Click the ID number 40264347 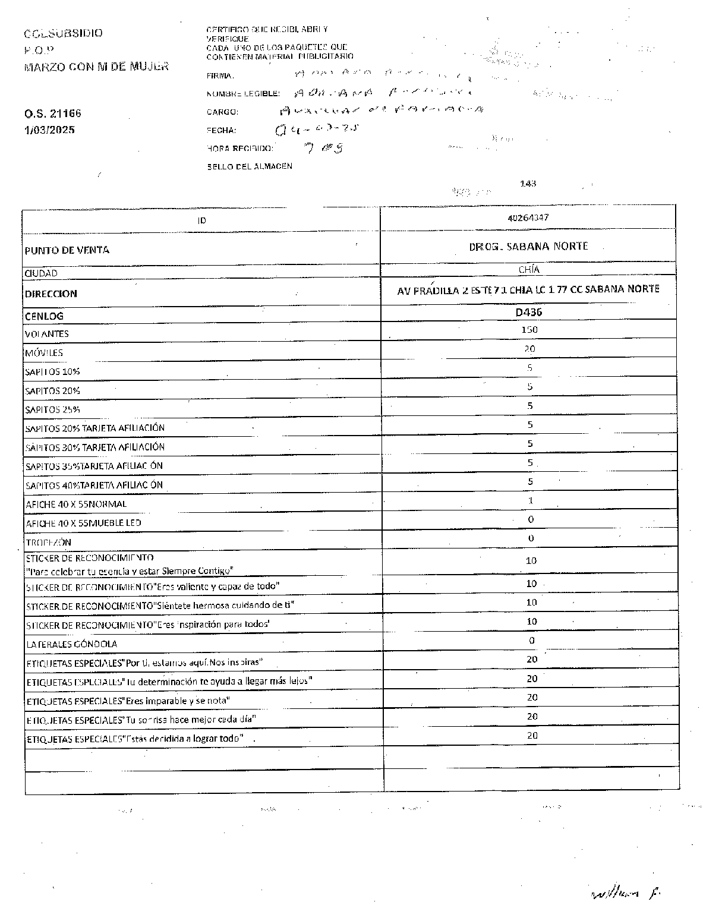point(528,217)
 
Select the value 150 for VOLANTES point(529,329)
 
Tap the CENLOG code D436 point(528,312)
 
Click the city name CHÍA point(529,269)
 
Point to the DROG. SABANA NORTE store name point(528,246)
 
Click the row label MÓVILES point(44,353)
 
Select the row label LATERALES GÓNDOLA point(71,644)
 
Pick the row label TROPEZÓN point(48,542)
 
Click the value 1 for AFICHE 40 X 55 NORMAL point(531,500)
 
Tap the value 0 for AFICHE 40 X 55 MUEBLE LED point(531,519)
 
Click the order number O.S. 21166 point(53,113)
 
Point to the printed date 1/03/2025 point(50,130)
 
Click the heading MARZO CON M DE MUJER point(96,67)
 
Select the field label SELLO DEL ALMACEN point(250,167)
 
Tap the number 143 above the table point(528,184)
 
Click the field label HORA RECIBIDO point(240,149)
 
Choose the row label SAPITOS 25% point(53,409)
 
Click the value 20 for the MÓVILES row point(529,349)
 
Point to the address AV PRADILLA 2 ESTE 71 point(528,289)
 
